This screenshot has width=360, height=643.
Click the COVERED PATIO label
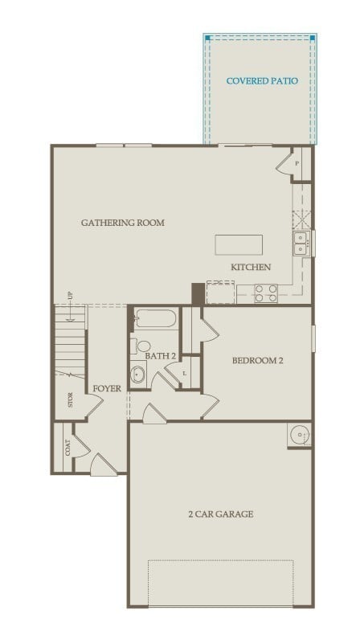pyautogui.click(x=262, y=81)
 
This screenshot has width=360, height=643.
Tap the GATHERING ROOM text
pyautogui.click(x=122, y=223)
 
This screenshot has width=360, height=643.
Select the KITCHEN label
pyautogui.click(x=251, y=267)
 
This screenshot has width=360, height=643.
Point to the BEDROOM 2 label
pyautogui.click(x=257, y=361)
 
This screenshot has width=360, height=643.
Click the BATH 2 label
pyautogui.click(x=161, y=355)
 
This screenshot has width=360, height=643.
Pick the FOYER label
pyautogui.click(x=107, y=388)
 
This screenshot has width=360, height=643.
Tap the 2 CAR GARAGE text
pyautogui.click(x=221, y=514)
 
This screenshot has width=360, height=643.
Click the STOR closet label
pyautogui.click(x=71, y=399)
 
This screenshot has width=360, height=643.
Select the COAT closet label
pyautogui.click(x=67, y=447)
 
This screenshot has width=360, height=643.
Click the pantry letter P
pyautogui.click(x=297, y=164)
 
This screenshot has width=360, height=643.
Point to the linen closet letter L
pyautogui.click(x=186, y=373)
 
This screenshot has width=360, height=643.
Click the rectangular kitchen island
pyautogui.click(x=239, y=245)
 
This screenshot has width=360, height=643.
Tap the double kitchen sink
pyautogui.click(x=301, y=242)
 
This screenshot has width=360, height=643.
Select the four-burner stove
pyautogui.click(x=266, y=293)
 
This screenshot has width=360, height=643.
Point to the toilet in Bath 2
pyautogui.click(x=143, y=346)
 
